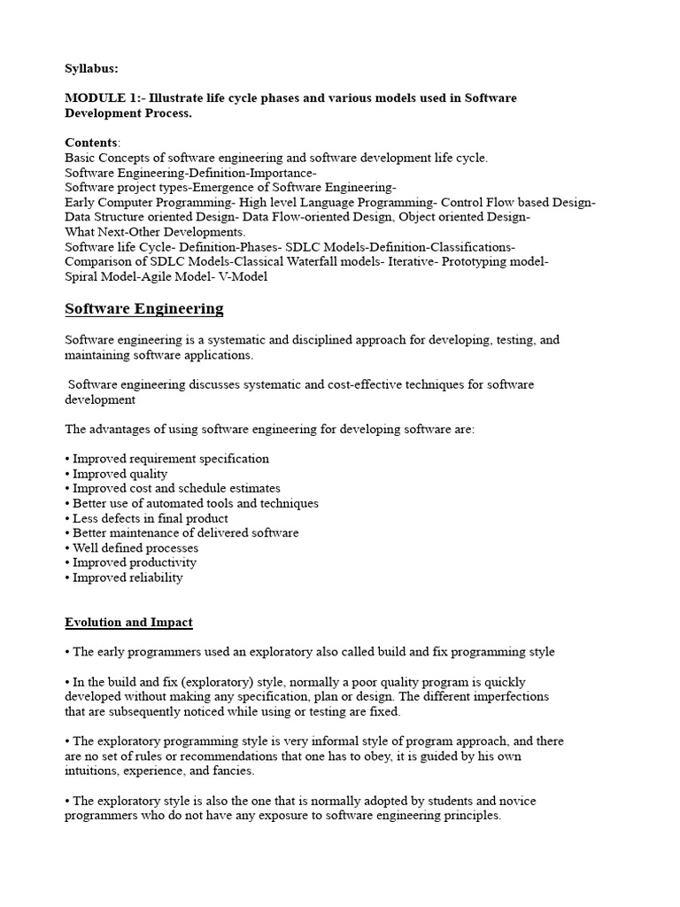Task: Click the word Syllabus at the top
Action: click(x=91, y=68)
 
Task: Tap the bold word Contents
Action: click(x=91, y=143)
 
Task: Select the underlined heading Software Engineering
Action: click(x=144, y=309)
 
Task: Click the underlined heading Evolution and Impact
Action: click(x=128, y=623)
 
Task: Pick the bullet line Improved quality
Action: click(x=120, y=474)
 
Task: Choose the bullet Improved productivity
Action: click(x=134, y=562)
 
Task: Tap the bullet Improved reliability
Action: click(x=127, y=578)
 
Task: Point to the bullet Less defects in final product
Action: click(x=150, y=518)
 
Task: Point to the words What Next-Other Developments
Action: click(x=155, y=231)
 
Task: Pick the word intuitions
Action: click(x=92, y=771)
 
